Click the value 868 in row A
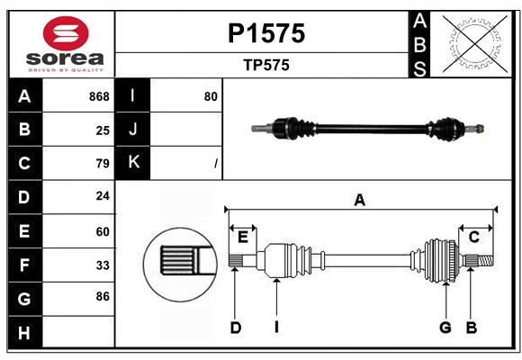click(x=99, y=96)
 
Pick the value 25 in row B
click(x=103, y=130)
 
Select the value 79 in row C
click(x=103, y=164)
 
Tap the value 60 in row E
click(x=103, y=231)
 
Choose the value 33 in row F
click(x=103, y=265)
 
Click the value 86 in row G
click(x=103, y=295)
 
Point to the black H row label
click(x=24, y=334)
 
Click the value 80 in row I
click(x=211, y=96)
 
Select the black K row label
click(x=133, y=163)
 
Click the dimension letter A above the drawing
click(x=359, y=200)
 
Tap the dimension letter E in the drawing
click(x=243, y=237)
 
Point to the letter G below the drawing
click(x=445, y=328)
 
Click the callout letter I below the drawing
click(x=277, y=328)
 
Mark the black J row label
click(x=133, y=130)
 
